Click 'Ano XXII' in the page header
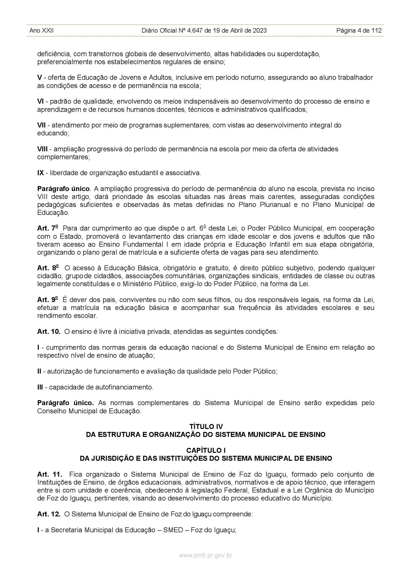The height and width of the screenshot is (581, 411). [41, 31]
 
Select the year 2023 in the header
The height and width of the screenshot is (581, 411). [260, 31]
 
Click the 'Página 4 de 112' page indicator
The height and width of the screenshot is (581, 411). [359, 31]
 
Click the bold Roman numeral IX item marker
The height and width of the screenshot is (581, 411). [41, 173]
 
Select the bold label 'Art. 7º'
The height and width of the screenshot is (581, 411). [48, 228]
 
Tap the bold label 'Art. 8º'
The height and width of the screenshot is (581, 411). [48, 268]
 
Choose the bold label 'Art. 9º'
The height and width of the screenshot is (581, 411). [48, 300]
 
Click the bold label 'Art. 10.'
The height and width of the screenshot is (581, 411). [49, 332]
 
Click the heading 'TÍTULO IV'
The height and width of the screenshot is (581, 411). [206, 426]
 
